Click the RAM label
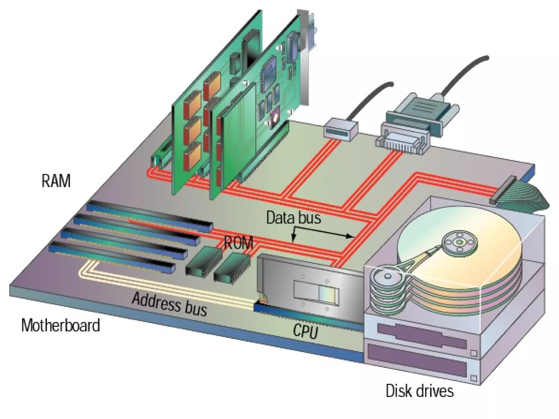(x=56, y=181)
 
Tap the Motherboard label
(x=61, y=325)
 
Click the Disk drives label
(x=420, y=390)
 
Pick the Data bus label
(x=293, y=218)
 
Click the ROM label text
(x=238, y=243)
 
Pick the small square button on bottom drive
(x=474, y=378)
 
